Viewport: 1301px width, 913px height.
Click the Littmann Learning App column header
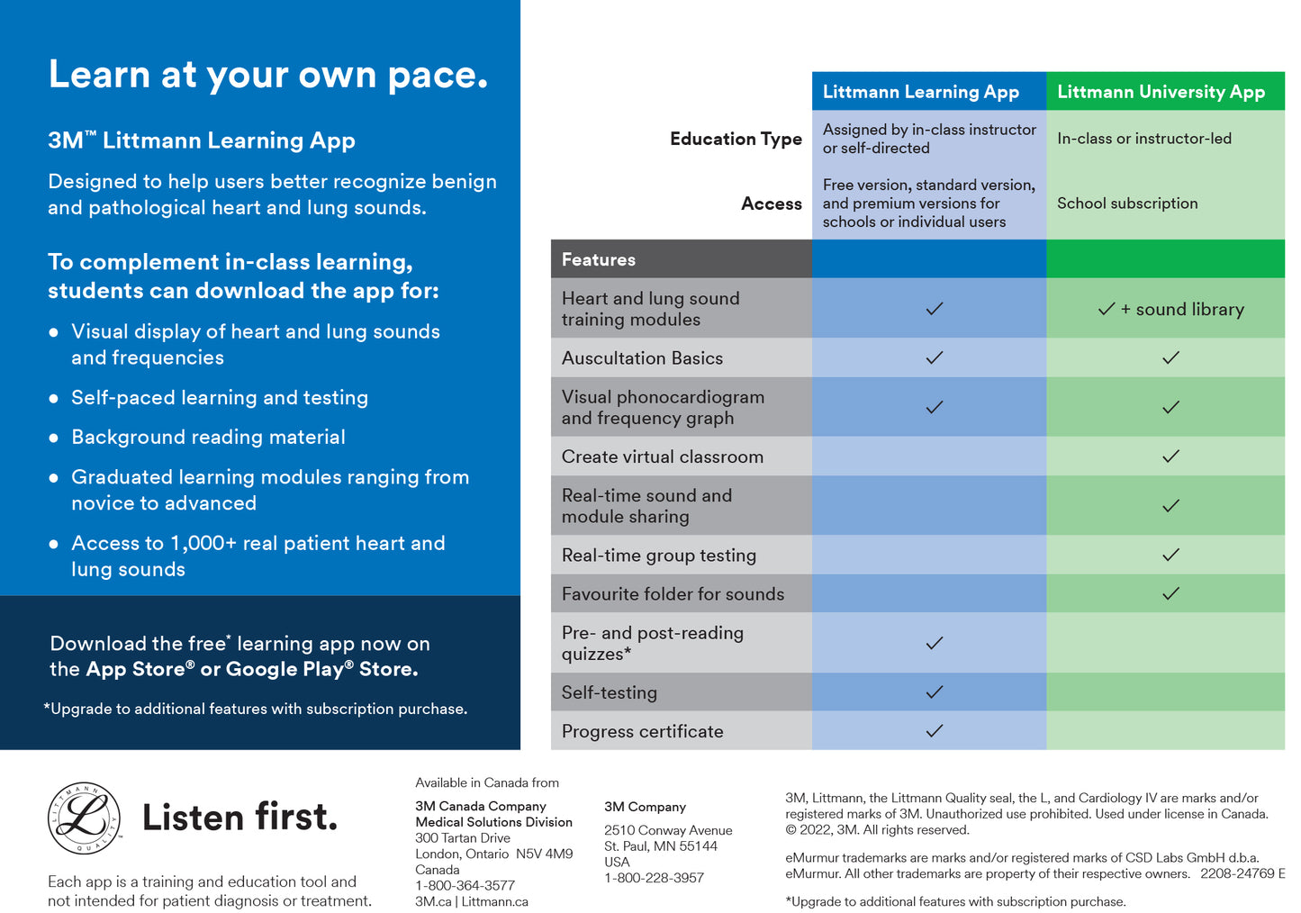[x=920, y=92]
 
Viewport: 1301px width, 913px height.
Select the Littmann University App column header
[x=1161, y=92]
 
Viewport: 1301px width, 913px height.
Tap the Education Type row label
[x=735, y=139]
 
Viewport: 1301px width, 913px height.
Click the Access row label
[x=771, y=203]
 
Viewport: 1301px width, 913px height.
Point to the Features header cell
[x=599, y=259]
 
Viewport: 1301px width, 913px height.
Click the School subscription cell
[x=1127, y=203]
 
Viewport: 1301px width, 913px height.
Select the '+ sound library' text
[x=1182, y=310]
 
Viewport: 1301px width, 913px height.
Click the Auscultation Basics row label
[x=642, y=358]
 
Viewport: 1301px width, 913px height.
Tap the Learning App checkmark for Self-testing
[x=935, y=692]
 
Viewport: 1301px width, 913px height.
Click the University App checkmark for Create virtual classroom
[x=1170, y=456]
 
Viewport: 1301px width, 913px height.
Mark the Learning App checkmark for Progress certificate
[x=935, y=731]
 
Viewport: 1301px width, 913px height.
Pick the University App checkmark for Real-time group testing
[x=1170, y=556]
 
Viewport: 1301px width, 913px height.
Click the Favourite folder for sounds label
[x=673, y=594]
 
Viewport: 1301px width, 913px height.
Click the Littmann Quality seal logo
[x=84, y=818]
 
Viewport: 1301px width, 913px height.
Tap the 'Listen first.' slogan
[x=240, y=818]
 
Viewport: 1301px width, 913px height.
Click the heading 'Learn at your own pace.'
[x=268, y=75]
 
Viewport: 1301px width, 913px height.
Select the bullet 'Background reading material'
[x=208, y=438]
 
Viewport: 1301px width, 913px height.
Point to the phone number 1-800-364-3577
[x=465, y=885]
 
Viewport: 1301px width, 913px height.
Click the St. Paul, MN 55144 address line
[x=660, y=846]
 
